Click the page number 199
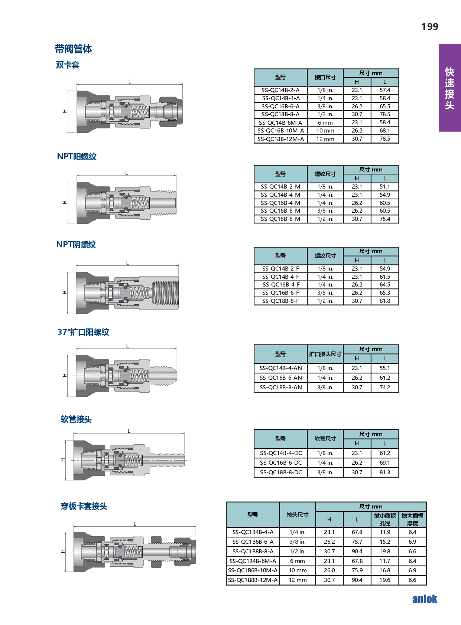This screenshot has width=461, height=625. [x=429, y=26]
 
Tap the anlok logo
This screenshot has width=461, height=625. [x=425, y=599]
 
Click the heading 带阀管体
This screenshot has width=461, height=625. [x=73, y=49]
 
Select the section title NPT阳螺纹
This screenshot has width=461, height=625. [x=77, y=157]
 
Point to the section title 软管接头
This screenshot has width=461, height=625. [x=76, y=419]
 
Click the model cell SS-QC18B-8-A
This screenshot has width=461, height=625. [x=280, y=114]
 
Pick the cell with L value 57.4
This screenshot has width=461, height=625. [x=385, y=90]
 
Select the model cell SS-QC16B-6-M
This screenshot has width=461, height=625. [x=280, y=211]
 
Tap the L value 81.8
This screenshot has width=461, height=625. [x=385, y=301]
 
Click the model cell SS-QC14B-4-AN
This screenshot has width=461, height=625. [x=280, y=368]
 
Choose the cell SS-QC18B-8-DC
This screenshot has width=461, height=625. [x=280, y=472]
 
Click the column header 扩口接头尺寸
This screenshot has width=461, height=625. [x=325, y=354]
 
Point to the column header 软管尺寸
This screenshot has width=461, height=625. [x=325, y=439]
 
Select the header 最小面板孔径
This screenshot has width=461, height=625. [x=385, y=519]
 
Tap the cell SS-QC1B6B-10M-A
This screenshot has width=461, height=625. [x=253, y=570]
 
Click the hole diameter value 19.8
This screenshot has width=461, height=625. [x=385, y=552]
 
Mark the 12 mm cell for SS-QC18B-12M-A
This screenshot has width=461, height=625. [x=325, y=139]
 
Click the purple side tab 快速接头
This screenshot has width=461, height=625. [x=449, y=88]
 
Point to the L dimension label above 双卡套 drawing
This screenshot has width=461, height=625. [x=130, y=82]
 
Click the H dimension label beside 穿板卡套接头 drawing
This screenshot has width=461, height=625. [x=63, y=552]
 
